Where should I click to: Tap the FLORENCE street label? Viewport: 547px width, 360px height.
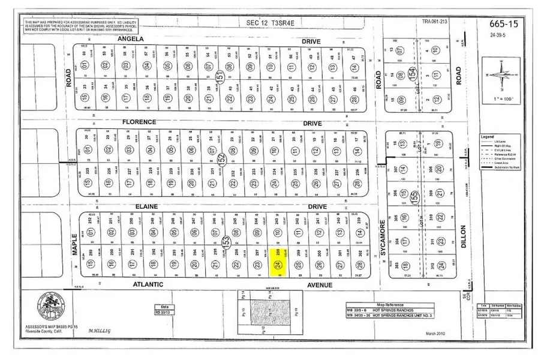tap(139, 122)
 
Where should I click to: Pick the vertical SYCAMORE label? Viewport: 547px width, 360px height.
tap(377, 235)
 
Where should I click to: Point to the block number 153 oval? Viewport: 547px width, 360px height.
tap(227, 241)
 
